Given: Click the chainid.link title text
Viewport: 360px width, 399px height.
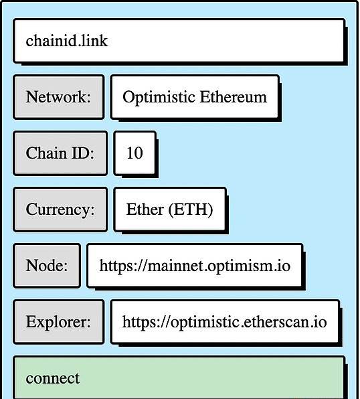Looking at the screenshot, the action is pyautogui.click(x=67, y=41).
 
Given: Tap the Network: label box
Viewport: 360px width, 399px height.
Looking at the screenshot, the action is pyautogui.click(x=59, y=97).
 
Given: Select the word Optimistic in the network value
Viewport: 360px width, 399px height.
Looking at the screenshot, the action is pyautogui.click(x=159, y=98).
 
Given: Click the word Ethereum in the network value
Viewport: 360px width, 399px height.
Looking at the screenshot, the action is pyautogui.click(x=234, y=97).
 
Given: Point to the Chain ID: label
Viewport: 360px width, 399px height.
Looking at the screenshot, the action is pyautogui.click(x=60, y=153).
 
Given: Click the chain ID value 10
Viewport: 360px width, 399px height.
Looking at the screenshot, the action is pyautogui.click(x=134, y=153).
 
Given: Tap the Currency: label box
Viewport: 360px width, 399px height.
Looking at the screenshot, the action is pyautogui.click(x=60, y=210).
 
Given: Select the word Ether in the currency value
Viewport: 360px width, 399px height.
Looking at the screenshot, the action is pyautogui.click(x=145, y=209).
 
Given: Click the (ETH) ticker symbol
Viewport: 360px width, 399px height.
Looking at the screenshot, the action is pyautogui.click(x=190, y=210).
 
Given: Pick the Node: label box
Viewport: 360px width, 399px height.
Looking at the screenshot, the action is pyautogui.click(x=47, y=266).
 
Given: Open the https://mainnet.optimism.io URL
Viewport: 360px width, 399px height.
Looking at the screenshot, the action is pyautogui.click(x=195, y=266).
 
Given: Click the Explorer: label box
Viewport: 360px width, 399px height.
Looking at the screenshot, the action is pyautogui.click(x=59, y=322).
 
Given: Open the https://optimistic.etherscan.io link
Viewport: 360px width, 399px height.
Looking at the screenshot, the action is pyautogui.click(x=224, y=322).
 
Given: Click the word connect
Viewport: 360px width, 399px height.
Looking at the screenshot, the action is pyautogui.click(x=53, y=378).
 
